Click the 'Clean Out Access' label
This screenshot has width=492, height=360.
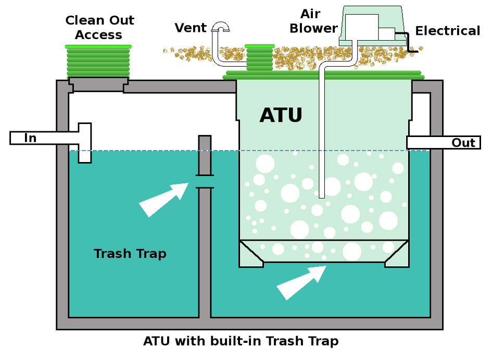coord(99,28)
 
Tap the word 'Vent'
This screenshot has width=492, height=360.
coord(191,28)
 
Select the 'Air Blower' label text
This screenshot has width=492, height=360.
coord(314,21)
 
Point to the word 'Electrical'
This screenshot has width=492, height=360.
coord(447,31)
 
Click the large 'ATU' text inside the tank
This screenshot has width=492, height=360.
coord(281,115)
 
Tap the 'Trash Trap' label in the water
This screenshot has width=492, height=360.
coord(130,254)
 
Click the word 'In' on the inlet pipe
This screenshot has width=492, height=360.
coord(30,139)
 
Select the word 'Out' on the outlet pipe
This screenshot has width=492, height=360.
coord(463,143)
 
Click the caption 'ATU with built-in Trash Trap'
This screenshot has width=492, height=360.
coord(241,341)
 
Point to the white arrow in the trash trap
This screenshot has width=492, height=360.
coord(163,199)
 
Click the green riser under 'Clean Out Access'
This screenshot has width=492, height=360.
coord(98,61)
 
